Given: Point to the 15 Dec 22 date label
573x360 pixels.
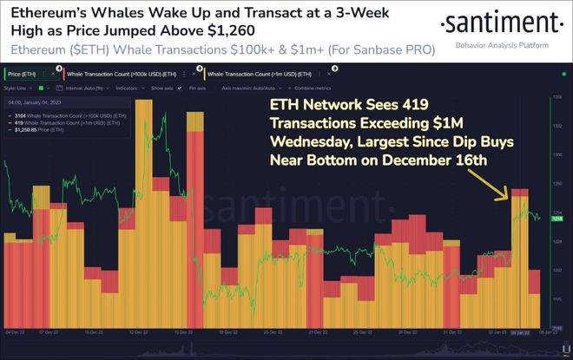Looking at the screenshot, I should point(181,332).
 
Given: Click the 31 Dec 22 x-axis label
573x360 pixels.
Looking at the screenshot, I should point(452,332).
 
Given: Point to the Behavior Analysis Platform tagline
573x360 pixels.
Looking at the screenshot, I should point(507,43).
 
